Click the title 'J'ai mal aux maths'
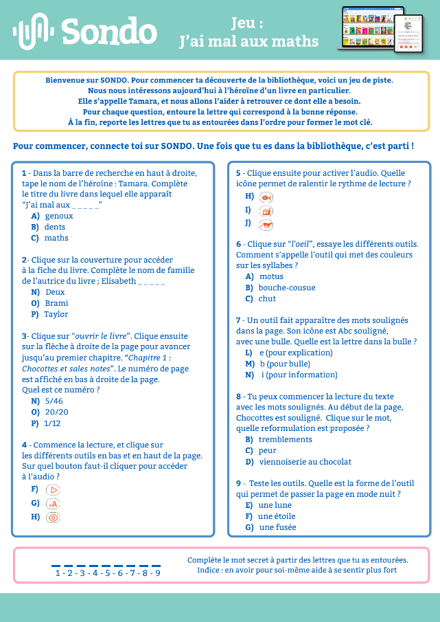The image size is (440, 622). [x=248, y=42]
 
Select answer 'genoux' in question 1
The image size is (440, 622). [x=59, y=216]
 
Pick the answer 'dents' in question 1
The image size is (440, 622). [x=55, y=227]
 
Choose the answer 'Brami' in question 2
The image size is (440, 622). [x=56, y=303]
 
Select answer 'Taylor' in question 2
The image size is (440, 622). [x=56, y=314]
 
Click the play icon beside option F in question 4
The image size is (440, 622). [x=53, y=490]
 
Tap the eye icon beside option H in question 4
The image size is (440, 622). [x=53, y=518]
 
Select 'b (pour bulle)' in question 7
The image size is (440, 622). [x=285, y=364]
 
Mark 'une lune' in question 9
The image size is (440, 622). [x=275, y=505]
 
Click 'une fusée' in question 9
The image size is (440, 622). [x=277, y=527]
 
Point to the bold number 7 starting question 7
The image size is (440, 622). [x=238, y=320]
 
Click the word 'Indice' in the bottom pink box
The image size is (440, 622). [x=209, y=570]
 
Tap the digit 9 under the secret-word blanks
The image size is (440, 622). [x=157, y=573]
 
